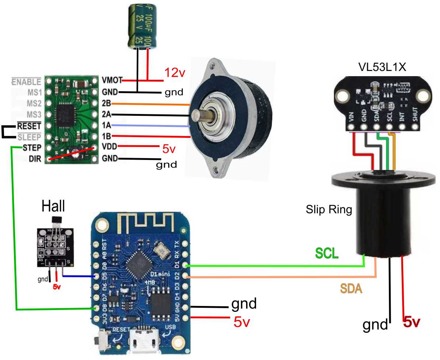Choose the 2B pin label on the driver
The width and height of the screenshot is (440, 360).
coord(107,103)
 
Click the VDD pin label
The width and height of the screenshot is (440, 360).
coord(110,147)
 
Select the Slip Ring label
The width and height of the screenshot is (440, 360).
coord(329,210)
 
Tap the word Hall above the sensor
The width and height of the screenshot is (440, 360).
coord(53,206)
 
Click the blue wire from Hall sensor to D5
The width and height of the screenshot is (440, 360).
coord(79,276)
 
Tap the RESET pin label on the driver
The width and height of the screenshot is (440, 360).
coord(29,126)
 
